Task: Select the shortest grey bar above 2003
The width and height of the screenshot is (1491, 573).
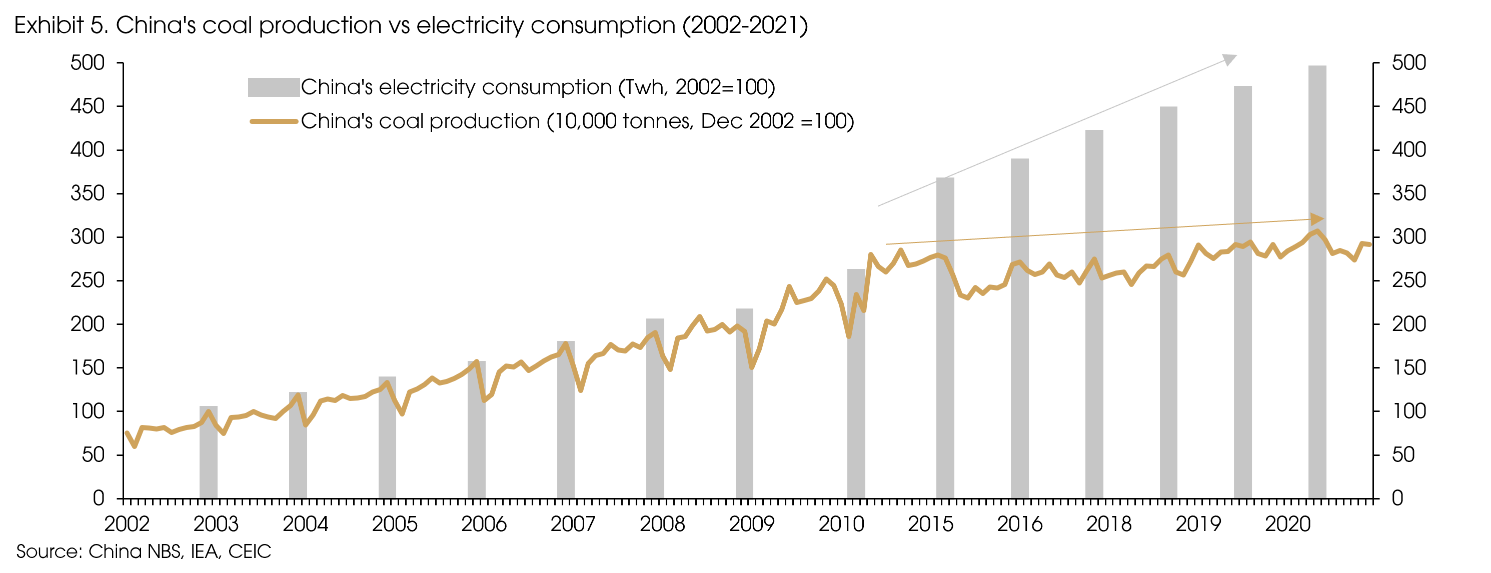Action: (209, 451)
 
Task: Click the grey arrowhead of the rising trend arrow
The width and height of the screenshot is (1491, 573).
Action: (1229, 59)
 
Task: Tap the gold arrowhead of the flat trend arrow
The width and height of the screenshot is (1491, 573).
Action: (1317, 219)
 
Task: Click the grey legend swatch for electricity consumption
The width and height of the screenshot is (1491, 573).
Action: (274, 87)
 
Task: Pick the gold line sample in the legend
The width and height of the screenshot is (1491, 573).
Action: (274, 121)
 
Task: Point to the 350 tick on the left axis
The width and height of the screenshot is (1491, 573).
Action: (88, 193)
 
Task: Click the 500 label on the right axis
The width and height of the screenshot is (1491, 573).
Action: (1409, 62)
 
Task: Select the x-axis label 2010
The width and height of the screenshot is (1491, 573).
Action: (841, 524)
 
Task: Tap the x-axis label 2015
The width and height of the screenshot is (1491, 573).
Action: (930, 524)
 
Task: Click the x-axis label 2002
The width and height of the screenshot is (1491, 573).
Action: (127, 524)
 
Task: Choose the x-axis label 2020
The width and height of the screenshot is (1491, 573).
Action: (1287, 524)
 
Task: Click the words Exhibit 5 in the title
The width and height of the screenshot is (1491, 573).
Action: (61, 26)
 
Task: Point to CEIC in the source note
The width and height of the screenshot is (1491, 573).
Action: (250, 551)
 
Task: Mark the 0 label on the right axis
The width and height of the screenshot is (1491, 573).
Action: (1397, 498)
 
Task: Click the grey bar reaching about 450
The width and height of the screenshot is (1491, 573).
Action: (1168, 301)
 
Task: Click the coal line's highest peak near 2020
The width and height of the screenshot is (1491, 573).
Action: (1317, 231)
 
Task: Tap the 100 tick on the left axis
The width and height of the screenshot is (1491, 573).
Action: (88, 411)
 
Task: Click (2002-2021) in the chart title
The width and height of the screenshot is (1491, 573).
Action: (745, 26)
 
